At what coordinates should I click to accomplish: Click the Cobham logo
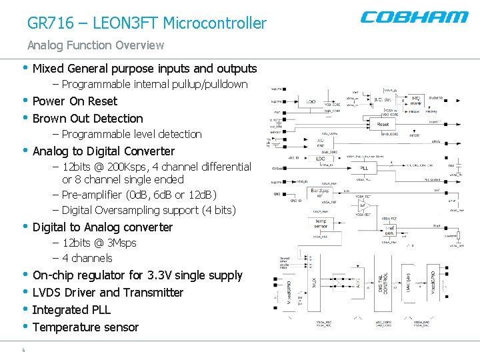[x=414, y=17]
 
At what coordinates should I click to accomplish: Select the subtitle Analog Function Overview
[x=95, y=45]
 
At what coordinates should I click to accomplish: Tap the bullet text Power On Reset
[x=75, y=101]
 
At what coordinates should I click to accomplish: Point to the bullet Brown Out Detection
[x=87, y=119]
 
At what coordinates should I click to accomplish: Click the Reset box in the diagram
[x=383, y=124]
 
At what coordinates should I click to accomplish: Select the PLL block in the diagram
[x=363, y=168]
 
